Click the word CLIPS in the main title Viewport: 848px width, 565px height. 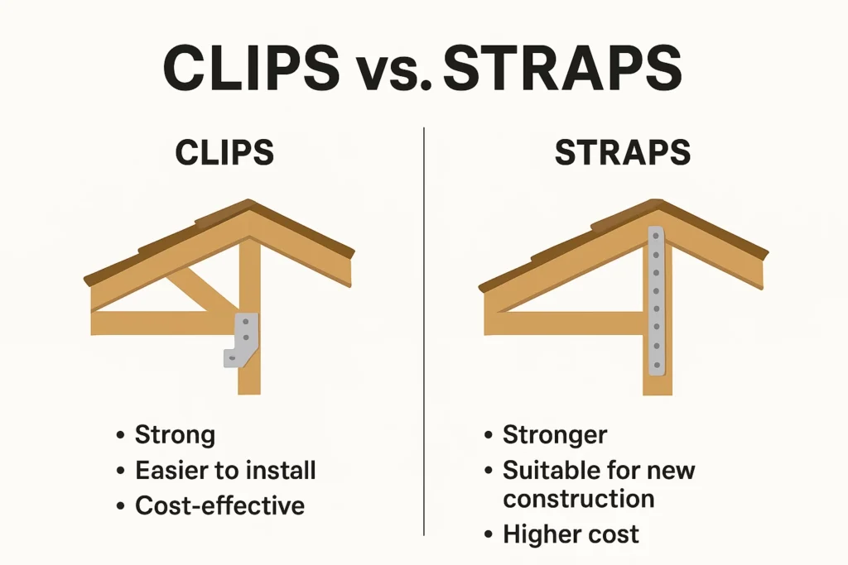[252, 69]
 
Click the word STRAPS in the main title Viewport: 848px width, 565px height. [562, 69]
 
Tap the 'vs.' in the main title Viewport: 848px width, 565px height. [391, 74]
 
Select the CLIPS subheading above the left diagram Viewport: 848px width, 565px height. [224, 152]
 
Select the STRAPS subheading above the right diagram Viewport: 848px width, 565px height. [623, 152]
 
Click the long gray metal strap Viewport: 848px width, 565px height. [656, 301]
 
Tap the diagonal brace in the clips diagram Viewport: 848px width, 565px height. [202, 290]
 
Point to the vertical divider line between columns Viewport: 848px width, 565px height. [424, 332]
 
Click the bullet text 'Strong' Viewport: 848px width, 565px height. [175, 435]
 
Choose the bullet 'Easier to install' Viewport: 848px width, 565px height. [225, 470]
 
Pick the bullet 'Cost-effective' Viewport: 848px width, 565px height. [220, 506]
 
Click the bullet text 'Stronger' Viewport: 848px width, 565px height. [555, 435]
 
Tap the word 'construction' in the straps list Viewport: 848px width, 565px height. [579, 499]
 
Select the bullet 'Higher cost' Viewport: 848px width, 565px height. [571, 534]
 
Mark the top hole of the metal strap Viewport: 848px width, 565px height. [656, 236]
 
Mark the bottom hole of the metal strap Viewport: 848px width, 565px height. [657, 366]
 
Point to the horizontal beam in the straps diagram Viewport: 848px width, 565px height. [565, 323]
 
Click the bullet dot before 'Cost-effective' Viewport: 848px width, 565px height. [120, 506]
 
